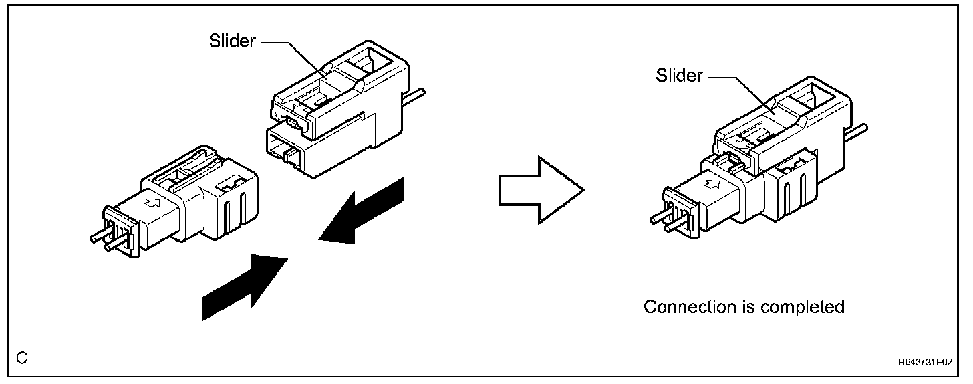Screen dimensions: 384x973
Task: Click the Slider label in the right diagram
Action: pos(679,76)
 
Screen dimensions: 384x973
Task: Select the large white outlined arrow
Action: pos(541,190)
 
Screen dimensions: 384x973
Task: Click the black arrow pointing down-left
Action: pos(364,210)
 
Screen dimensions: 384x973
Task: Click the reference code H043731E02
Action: pos(924,362)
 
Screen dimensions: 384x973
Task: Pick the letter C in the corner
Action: pos(22,359)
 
